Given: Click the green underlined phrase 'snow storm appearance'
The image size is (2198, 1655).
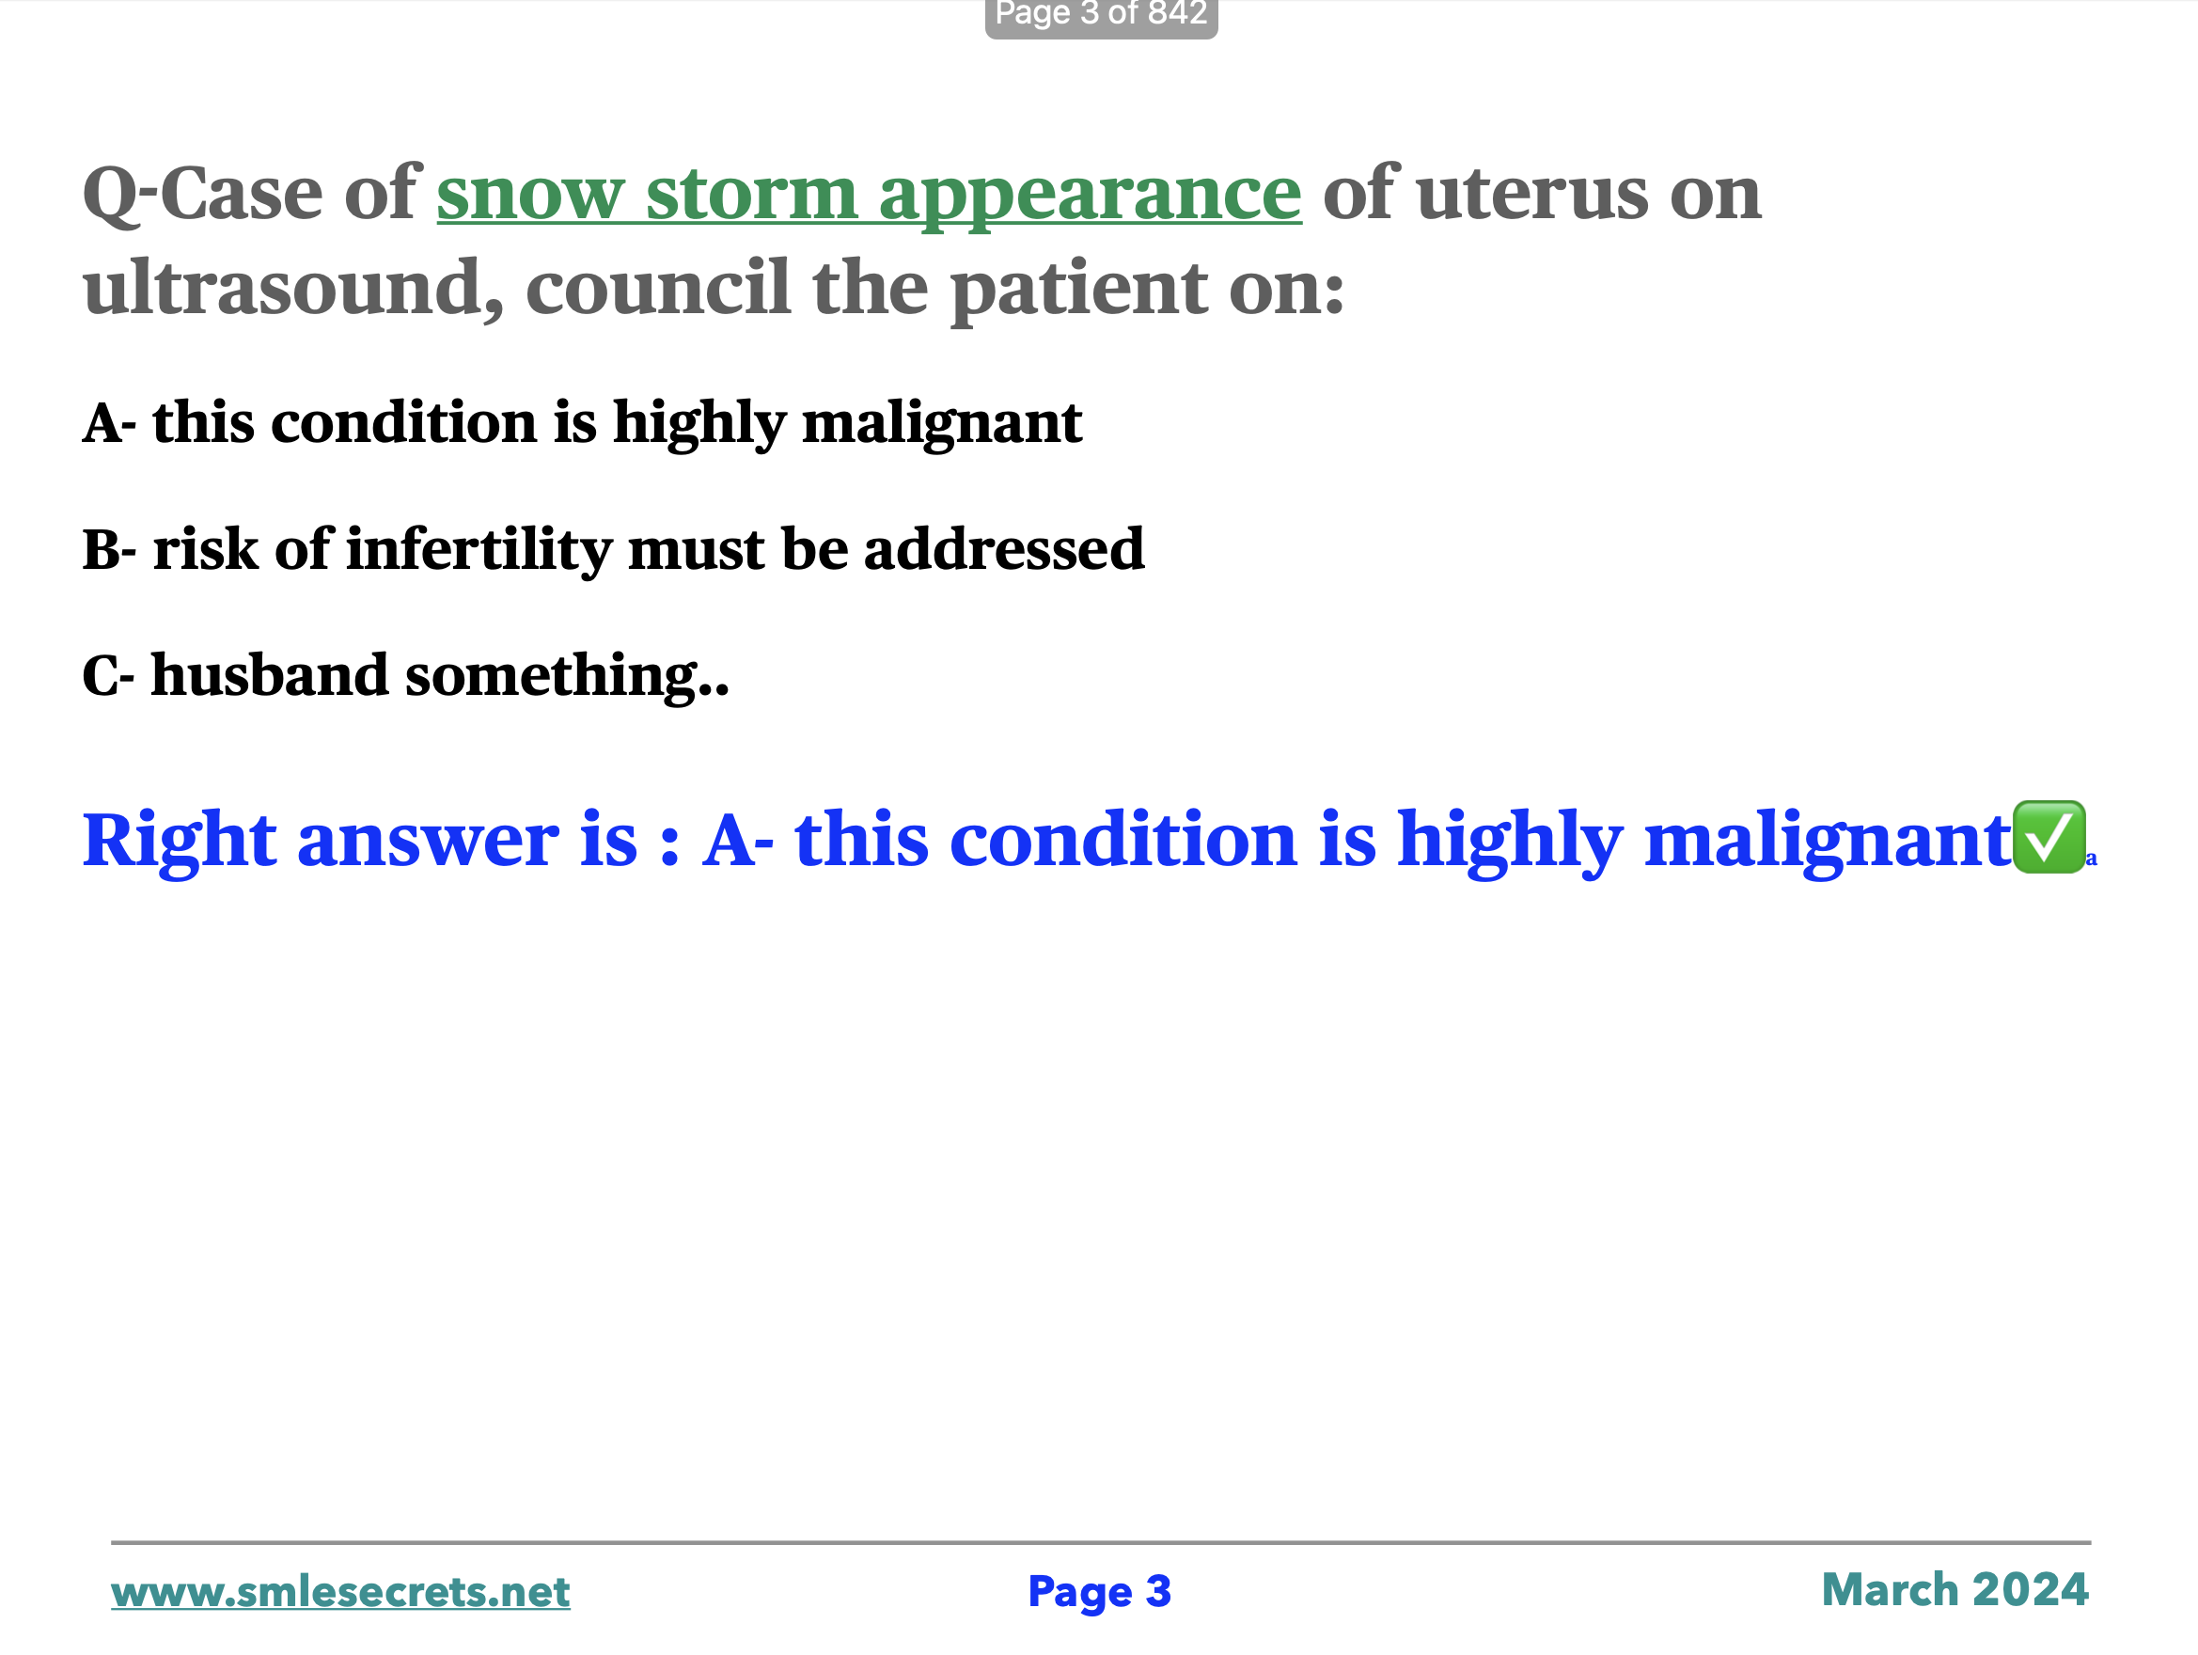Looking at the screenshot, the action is [x=870, y=195].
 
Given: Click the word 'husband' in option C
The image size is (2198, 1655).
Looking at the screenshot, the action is [x=269, y=675].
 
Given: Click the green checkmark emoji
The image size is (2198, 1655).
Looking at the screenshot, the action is [x=2049, y=838].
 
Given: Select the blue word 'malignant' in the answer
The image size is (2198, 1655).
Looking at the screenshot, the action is [x=1829, y=841].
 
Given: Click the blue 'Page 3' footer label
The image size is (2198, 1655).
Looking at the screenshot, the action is [x=1100, y=1592].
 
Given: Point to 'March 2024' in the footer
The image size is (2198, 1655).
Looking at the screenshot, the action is [x=1955, y=1590].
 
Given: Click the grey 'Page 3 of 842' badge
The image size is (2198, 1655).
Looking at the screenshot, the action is [x=1101, y=16].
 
